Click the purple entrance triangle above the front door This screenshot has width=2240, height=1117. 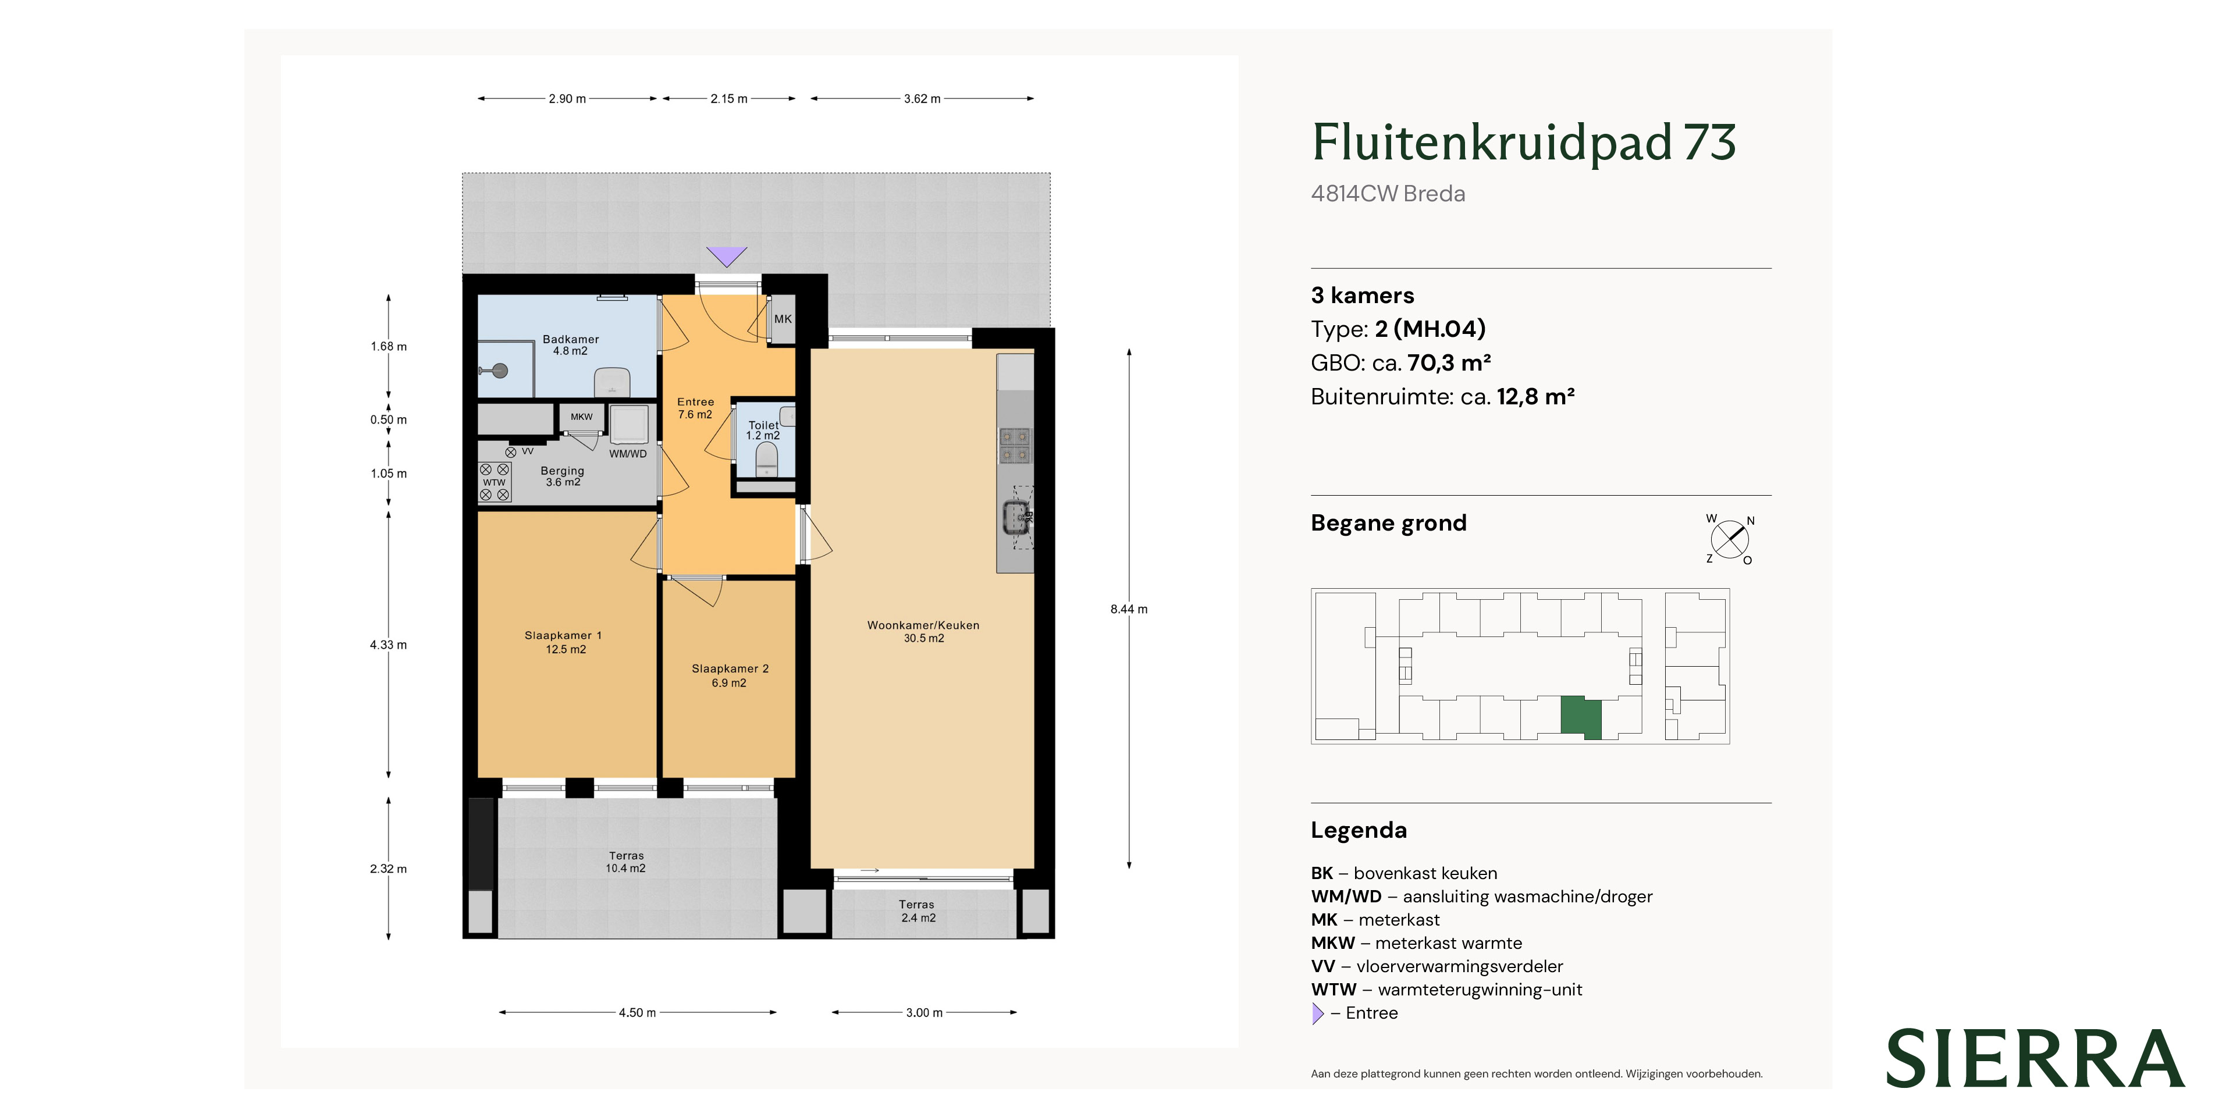tap(726, 255)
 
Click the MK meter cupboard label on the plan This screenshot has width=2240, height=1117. tap(783, 319)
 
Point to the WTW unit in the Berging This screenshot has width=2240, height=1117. tap(495, 482)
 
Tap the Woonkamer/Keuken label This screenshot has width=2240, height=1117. tap(923, 631)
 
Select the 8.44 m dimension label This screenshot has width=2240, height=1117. tap(1129, 609)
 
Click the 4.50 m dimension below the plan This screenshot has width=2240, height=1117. tap(638, 1013)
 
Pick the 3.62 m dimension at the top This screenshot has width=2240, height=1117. tap(922, 99)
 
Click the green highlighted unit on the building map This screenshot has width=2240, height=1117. tap(1581, 717)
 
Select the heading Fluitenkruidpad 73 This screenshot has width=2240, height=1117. tap(1523, 143)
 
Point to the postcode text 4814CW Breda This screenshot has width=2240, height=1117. tap(1388, 194)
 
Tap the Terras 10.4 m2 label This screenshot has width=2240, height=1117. tap(626, 862)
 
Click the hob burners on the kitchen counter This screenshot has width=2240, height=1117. tap(1015, 445)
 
